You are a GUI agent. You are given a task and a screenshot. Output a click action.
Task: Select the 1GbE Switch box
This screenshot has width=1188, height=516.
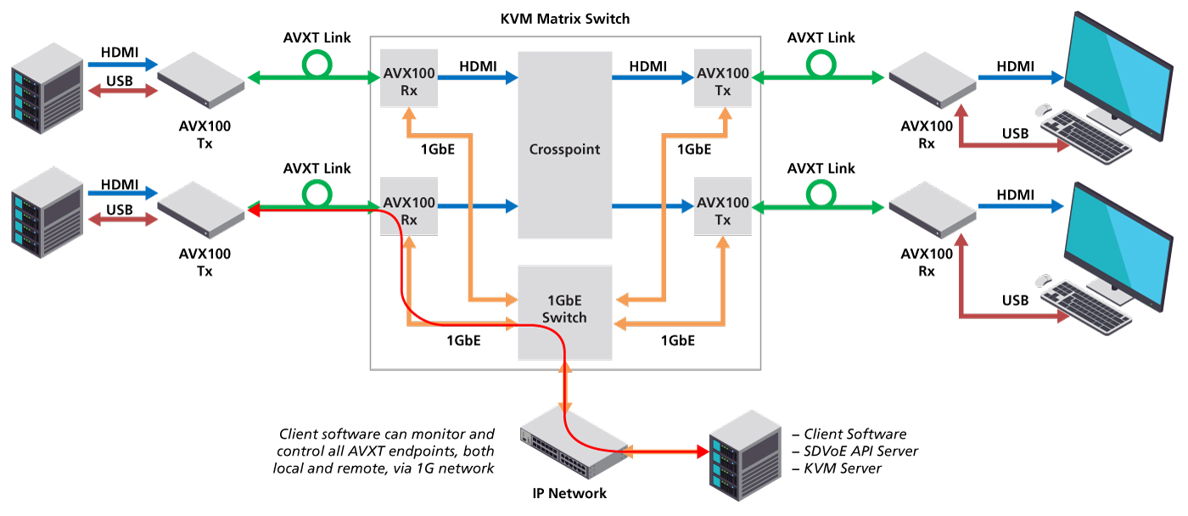(x=564, y=311)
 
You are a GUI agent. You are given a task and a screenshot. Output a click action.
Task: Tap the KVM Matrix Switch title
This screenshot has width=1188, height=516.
(x=565, y=18)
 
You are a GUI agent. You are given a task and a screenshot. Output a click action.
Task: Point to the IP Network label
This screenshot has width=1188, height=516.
(x=564, y=493)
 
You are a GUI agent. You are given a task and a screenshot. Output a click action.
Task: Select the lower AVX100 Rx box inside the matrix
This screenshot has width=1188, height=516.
(x=408, y=210)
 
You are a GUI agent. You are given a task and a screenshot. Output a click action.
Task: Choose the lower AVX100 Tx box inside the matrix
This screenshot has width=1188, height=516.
(x=722, y=210)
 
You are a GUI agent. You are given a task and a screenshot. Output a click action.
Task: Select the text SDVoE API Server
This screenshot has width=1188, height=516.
(x=860, y=451)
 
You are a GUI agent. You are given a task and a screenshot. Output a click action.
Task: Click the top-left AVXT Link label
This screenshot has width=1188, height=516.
(x=317, y=38)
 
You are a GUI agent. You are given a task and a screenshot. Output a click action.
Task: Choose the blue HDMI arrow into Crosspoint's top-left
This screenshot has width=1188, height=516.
(x=489, y=78)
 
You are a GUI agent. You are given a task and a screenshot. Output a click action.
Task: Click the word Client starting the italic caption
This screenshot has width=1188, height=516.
(x=299, y=435)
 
